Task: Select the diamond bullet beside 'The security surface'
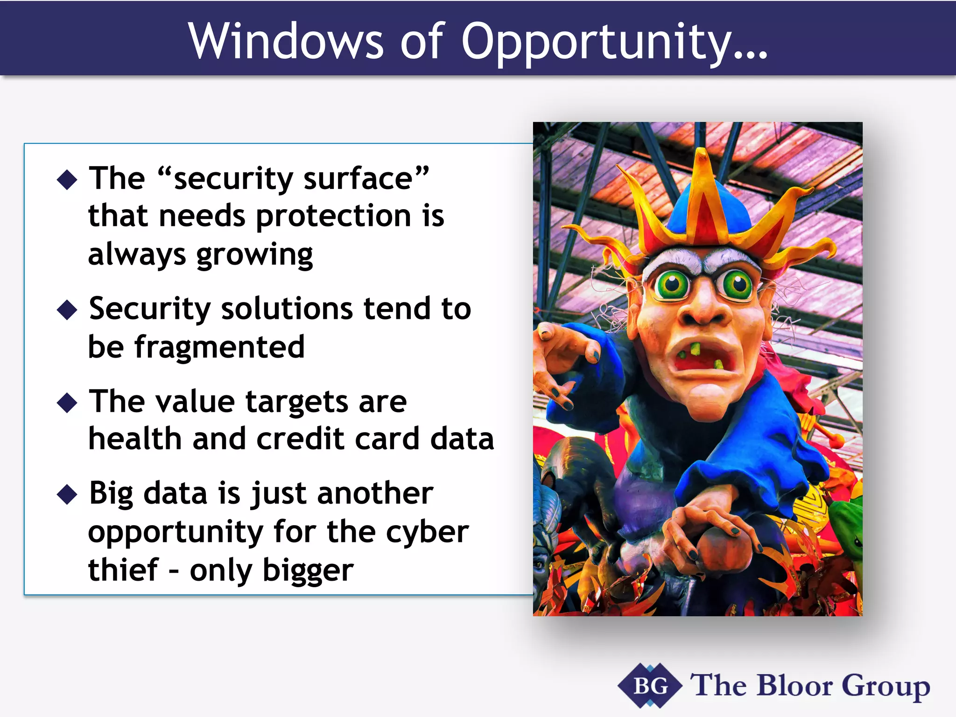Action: click(x=67, y=180)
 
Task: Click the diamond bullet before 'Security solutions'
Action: click(x=67, y=310)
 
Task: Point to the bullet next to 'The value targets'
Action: click(x=67, y=402)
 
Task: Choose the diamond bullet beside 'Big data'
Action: click(x=67, y=494)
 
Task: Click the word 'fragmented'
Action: click(x=219, y=347)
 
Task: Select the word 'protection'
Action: click(x=334, y=216)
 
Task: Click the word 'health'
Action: click(x=135, y=439)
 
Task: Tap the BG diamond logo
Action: click(x=649, y=686)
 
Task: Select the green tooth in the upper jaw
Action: click(x=696, y=349)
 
